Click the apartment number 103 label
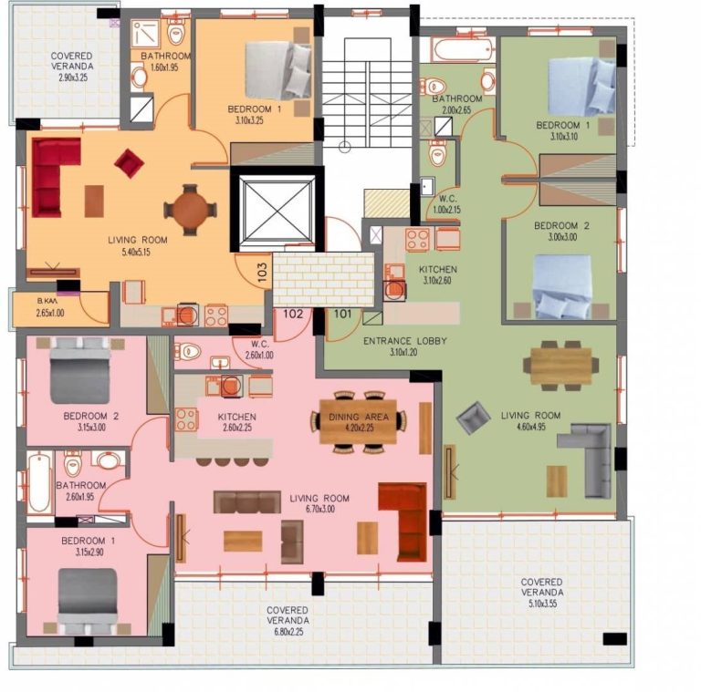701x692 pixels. (263, 272)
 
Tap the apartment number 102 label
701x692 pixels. (293, 314)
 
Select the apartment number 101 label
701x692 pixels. (342, 314)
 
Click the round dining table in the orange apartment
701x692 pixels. (191, 210)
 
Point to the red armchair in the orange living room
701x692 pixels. (130, 163)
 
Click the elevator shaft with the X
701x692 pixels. (277, 210)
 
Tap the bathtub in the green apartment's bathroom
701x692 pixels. (464, 49)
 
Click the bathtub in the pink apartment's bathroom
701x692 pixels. (39, 482)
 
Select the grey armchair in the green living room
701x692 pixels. (474, 418)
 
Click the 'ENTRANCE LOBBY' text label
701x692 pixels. (405, 341)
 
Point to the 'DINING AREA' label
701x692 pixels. (359, 417)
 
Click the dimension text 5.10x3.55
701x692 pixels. (543, 604)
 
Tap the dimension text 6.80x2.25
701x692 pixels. (288, 632)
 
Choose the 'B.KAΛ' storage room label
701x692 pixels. (47, 302)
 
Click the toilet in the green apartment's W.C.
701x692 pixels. (438, 152)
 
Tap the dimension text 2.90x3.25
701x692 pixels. (73, 77)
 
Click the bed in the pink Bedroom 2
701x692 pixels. (80, 370)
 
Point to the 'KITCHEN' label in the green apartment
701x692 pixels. (438, 269)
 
